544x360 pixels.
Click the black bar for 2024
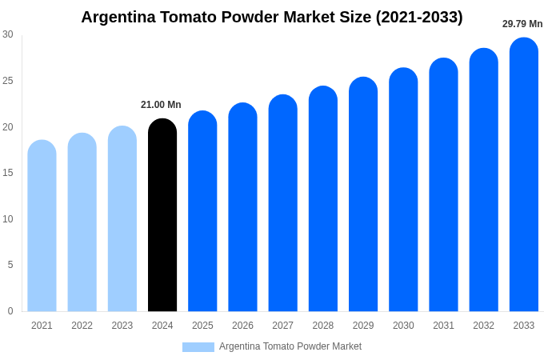(162, 216)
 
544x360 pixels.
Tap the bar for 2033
(524, 175)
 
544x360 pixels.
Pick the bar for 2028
(323, 199)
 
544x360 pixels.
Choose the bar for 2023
(122, 219)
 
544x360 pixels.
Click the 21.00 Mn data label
(161, 105)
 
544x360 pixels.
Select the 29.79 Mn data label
(522, 24)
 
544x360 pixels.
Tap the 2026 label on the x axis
(242, 326)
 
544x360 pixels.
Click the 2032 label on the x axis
(483, 326)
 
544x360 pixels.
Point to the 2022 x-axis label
(82, 326)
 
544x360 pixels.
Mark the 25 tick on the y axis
(8, 81)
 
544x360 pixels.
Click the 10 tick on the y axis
(8, 219)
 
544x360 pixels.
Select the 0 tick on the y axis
(10, 311)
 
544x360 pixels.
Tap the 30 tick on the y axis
(8, 34)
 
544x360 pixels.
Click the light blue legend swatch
(198, 347)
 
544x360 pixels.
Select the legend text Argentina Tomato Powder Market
(290, 346)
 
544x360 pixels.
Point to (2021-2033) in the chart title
(419, 17)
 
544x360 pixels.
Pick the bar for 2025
(202, 212)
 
